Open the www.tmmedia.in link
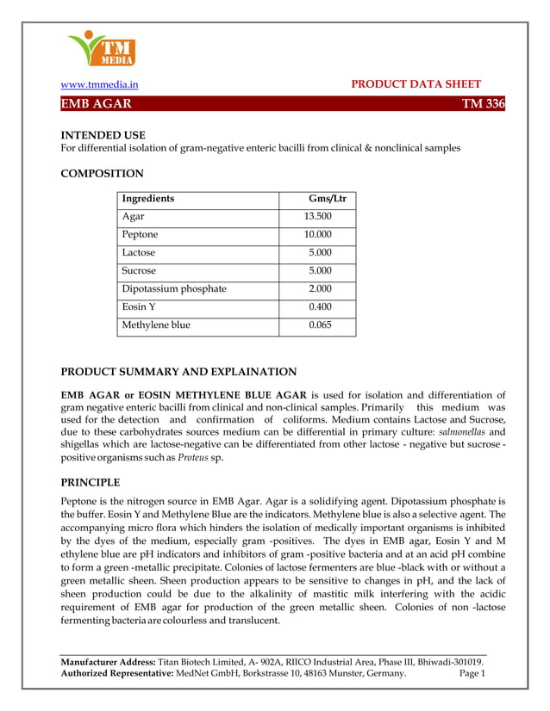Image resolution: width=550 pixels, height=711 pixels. pyautogui.click(x=98, y=84)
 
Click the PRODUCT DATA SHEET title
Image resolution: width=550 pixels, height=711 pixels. pyautogui.click(x=416, y=84)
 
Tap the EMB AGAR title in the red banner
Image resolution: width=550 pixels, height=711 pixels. pyautogui.click(x=96, y=104)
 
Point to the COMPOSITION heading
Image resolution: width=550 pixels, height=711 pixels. pyautogui.click(x=102, y=174)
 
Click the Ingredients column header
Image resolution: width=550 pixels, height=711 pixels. pyautogui.click(x=148, y=199)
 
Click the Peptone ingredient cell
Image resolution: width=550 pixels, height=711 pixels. pyautogui.click(x=141, y=235)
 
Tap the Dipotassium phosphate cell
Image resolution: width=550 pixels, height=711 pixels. pyautogui.click(x=174, y=289)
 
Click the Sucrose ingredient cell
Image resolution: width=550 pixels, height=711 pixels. pyautogui.click(x=140, y=271)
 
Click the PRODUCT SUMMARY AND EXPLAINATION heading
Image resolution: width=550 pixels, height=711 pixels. pyautogui.click(x=178, y=372)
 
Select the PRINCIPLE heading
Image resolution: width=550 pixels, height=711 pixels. pyautogui.click(x=90, y=482)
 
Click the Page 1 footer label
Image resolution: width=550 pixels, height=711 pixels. pyautogui.click(x=472, y=674)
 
